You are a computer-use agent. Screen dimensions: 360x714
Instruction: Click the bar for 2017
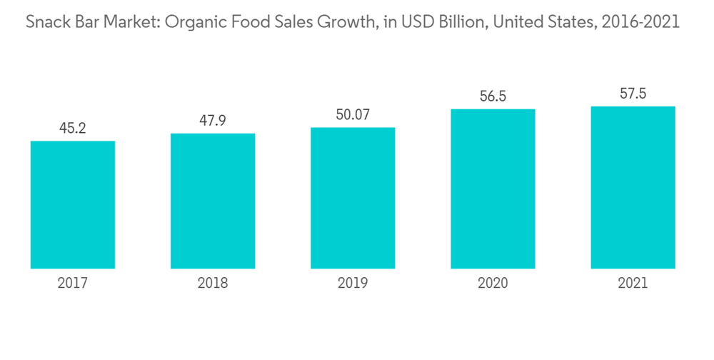[73, 205]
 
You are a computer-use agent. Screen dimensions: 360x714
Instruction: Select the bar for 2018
[213, 201]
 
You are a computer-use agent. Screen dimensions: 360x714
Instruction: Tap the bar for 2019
[353, 198]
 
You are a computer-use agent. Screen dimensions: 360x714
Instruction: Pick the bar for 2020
[493, 189]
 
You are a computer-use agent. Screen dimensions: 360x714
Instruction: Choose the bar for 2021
[633, 187]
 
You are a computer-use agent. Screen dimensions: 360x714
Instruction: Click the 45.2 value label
[73, 129]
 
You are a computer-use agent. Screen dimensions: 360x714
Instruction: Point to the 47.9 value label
[213, 121]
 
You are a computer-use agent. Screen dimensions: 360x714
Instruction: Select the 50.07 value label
[353, 114]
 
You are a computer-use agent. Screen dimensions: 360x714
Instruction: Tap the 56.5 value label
[493, 96]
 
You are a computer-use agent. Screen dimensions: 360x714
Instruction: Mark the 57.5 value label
[633, 94]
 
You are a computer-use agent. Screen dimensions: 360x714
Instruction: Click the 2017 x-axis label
[73, 284]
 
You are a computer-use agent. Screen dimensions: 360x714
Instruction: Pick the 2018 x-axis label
[213, 284]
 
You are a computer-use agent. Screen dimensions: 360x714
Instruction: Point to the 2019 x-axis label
[353, 284]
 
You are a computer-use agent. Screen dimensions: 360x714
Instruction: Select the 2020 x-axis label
[493, 284]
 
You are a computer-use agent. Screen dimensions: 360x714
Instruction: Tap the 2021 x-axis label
[633, 284]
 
